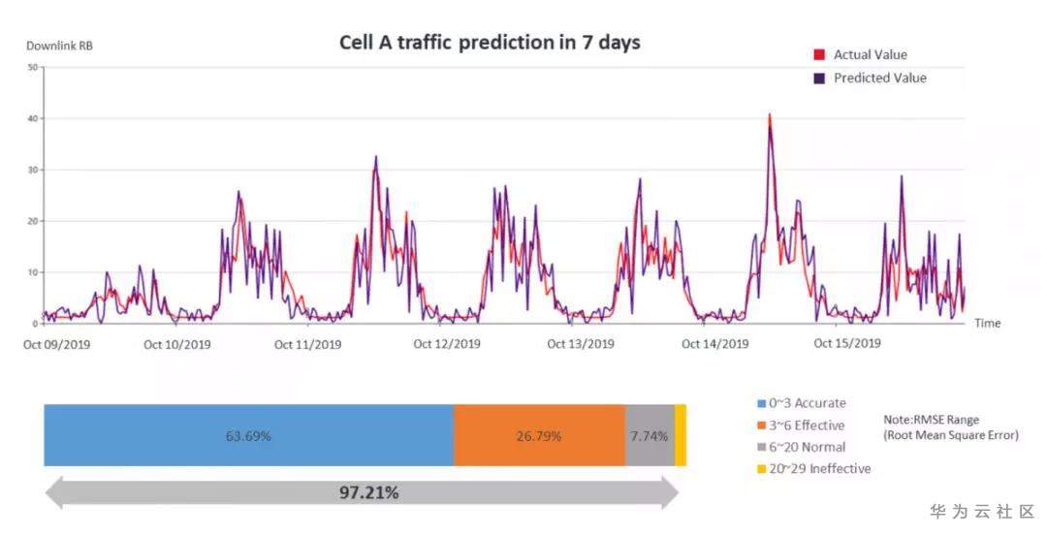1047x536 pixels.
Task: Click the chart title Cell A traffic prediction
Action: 490,43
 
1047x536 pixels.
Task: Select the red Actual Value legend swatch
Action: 819,55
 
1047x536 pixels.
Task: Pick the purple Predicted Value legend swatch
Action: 819,79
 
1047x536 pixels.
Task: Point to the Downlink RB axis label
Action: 60,46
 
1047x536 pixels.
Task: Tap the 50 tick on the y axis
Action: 32,67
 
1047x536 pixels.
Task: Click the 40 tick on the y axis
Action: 32,118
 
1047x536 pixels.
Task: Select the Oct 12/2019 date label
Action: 447,344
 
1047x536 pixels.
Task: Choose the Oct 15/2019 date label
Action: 847,344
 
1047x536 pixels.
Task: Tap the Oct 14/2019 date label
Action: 715,344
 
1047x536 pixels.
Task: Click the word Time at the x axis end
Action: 987,323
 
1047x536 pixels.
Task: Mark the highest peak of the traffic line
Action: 770,115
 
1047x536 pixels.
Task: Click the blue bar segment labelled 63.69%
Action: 248,436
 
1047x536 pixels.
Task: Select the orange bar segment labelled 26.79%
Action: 539,436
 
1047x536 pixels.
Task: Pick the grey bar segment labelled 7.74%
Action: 649,436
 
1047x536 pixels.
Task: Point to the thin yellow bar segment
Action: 681,436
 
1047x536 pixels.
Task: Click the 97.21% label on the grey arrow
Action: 368,493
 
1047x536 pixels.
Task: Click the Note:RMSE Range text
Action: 931,420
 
